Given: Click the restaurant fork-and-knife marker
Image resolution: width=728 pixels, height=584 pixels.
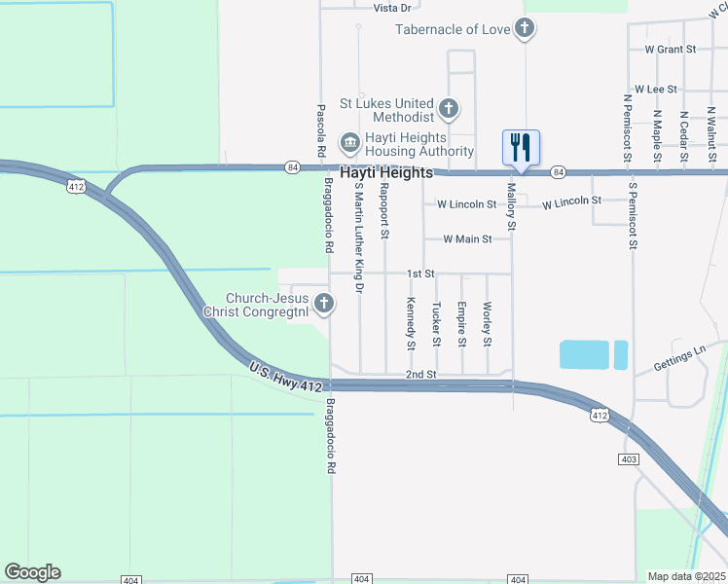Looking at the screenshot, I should pyautogui.click(x=521, y=148).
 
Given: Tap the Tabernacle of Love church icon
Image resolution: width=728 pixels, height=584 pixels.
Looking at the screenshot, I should pyautogui.click(x=525, y=28).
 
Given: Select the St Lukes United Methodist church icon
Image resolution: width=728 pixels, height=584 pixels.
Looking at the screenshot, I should pyautogui.click(x=449, y=108).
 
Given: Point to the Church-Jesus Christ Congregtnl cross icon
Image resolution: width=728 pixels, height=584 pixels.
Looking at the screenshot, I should pyautogui.click(x=324, y=305).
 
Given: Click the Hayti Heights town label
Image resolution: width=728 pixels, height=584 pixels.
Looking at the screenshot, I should pyautogui.click(x=386, y=172).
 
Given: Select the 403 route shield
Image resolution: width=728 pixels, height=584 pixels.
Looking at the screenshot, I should pyautogui.click(x=628, y=458).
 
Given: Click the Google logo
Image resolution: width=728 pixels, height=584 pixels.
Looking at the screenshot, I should pyautogui.click(x=32, y=572).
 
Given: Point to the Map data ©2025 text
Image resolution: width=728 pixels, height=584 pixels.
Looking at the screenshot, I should pyautogui.click(x=686, y=576).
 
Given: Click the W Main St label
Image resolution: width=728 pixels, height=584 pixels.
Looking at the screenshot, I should pyautogui.click(x=467, y=238).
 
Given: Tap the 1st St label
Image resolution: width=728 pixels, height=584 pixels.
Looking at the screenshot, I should pyautogui.click(x=419, y=274).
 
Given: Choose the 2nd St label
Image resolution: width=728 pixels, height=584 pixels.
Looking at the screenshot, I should pyautogui.click(x=420, y=374).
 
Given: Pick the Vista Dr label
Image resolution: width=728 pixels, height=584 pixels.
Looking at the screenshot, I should pyautogui.click(x=392, y=7).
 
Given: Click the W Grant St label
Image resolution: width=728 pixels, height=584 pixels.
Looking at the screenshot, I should pyautogui.click(x=671, y=48).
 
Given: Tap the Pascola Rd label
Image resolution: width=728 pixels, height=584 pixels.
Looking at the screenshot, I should pyautogui.click(x=319, y=131).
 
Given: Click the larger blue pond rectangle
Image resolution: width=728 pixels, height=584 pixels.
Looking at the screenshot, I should pyautogui.click(x=584, y=354).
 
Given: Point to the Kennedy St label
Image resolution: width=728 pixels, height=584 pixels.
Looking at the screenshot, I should pyautogui.click(x=411, y=323).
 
